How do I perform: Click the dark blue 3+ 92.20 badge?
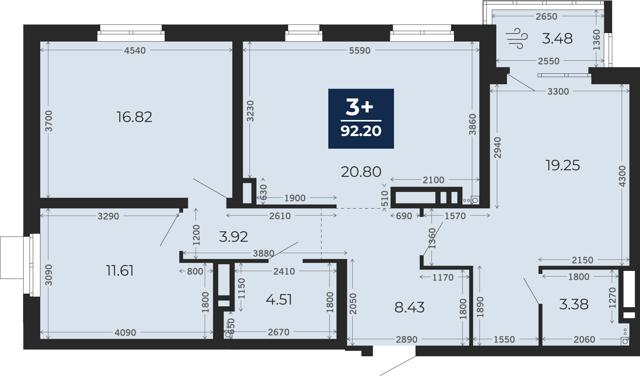click(x=361, y=119)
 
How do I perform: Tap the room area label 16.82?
click(x=134, y=117)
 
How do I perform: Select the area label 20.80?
click(x=361, y=172)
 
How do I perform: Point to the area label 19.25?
click(x=562, y=165)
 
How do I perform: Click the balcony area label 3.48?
click(x=557, y=38)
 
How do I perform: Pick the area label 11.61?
click(x=120, y=271)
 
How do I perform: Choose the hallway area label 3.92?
click(x=233, y=237)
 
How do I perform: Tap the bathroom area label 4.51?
click(x=279, y=300)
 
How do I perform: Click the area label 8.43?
click(x=409, y=307)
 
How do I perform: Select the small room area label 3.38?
click(x=574, y=304)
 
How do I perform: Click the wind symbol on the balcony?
click(x=517, y=38)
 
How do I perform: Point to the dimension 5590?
click(x=360, y=50)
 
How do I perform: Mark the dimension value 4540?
click(x=135, y=50)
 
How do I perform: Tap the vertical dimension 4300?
click(x=622, y=176)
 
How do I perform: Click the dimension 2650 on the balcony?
click(x=546, y=16)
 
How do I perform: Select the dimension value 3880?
click(x=264, y=253)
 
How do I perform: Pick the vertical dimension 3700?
click(x=48, y=121)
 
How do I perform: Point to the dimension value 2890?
click(x=407, y=339)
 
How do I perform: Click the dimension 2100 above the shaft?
click(x=434, y=180)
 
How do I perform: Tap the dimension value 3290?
click(x=108, y=216)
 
